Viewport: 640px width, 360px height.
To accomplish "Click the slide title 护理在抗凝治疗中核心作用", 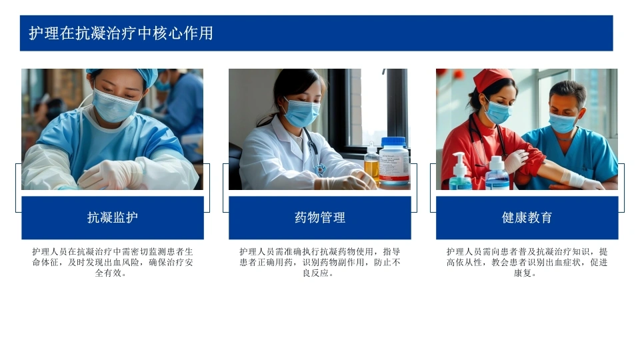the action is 121,33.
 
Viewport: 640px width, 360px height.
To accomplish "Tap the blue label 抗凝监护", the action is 113,217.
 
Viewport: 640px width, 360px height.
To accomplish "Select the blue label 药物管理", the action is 319,217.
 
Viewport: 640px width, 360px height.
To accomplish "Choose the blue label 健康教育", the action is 527,217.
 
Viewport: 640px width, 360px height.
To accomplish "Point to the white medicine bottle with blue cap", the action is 393,161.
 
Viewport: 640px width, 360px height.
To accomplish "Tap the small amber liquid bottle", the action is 371,165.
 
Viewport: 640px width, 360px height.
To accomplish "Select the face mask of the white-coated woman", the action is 301,113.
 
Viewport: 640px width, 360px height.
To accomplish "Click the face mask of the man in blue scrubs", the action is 562,123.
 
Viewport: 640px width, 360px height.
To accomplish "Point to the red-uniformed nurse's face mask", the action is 498,112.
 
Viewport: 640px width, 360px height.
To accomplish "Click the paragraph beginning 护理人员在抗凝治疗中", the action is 113,262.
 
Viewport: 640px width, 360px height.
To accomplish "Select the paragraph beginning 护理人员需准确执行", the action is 319,262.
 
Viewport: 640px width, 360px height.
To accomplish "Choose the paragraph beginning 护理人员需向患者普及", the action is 527,262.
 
